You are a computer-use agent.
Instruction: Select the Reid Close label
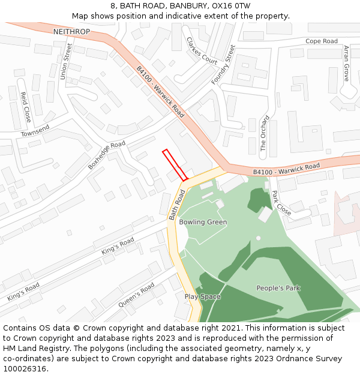click(x=26, y=107)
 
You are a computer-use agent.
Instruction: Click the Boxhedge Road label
click(x=107, y=155)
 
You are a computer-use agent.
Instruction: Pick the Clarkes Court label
click(x=202, y=51)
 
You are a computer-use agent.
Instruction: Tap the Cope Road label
click(x=322, y=41)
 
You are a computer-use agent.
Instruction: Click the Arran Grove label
click(x=346, y=63)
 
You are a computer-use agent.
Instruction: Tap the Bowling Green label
click(x=203, y=222)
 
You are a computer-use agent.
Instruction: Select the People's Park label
click(x=278, y=288)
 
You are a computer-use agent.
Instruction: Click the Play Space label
click(x=202, y=297)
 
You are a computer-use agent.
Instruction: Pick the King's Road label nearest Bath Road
click(x=118, y=246)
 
